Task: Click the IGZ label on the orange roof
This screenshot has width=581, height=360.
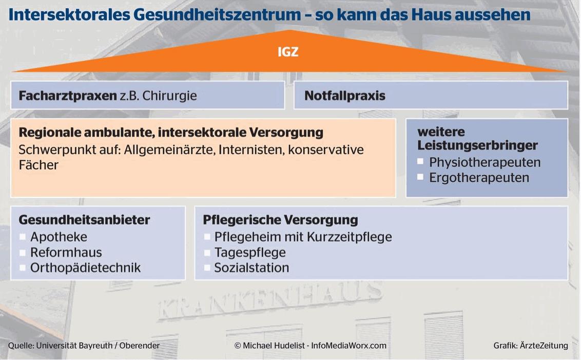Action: pos(288,51)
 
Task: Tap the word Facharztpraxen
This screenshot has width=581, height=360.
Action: pos(68,96)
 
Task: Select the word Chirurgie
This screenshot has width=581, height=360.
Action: pos(169,96)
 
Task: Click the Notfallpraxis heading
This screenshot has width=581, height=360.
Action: pos(344,96)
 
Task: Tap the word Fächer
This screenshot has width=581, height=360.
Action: pos(38,165)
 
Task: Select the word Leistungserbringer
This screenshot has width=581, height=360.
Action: pos(477,145)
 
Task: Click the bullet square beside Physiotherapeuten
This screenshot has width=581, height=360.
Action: pos(420,161)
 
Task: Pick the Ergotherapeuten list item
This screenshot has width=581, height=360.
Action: pos(479,178)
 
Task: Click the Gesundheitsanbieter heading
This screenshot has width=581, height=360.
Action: pos(84,220)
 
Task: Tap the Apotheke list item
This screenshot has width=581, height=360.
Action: pos(59,237)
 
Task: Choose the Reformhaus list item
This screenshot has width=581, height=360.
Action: pos(66,253)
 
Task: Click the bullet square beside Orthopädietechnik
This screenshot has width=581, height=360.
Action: pos(22,268)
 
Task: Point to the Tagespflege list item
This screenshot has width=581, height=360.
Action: pos(250,253)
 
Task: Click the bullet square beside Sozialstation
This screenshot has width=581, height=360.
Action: pos(207,268)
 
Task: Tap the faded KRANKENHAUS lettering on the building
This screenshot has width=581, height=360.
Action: pos(270,300)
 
